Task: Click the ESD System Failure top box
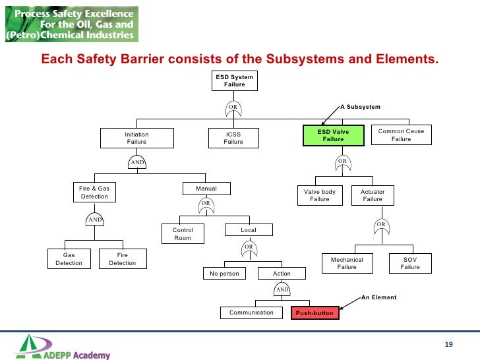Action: coord(234,80)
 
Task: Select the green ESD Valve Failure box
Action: coord(333,135)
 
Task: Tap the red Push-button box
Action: coord(315,313)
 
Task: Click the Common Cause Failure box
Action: coord(401,135)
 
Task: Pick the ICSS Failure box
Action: coord(233,138)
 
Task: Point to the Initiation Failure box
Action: coord(136,138)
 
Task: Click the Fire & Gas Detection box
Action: coord(94,192)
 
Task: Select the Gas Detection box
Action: coord(69,259)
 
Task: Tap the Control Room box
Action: coord(183,234)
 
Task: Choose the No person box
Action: coord(224,273)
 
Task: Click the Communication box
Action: coord(251,313)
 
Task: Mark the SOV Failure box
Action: coord(409,263)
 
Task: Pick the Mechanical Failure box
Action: coord(347,263)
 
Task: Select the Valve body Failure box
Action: coord(320,195)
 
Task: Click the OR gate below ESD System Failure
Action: coord(233,107)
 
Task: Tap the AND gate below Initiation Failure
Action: coord(136,162)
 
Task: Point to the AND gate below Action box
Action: coord(282,289)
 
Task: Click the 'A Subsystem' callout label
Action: coord(360,106)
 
